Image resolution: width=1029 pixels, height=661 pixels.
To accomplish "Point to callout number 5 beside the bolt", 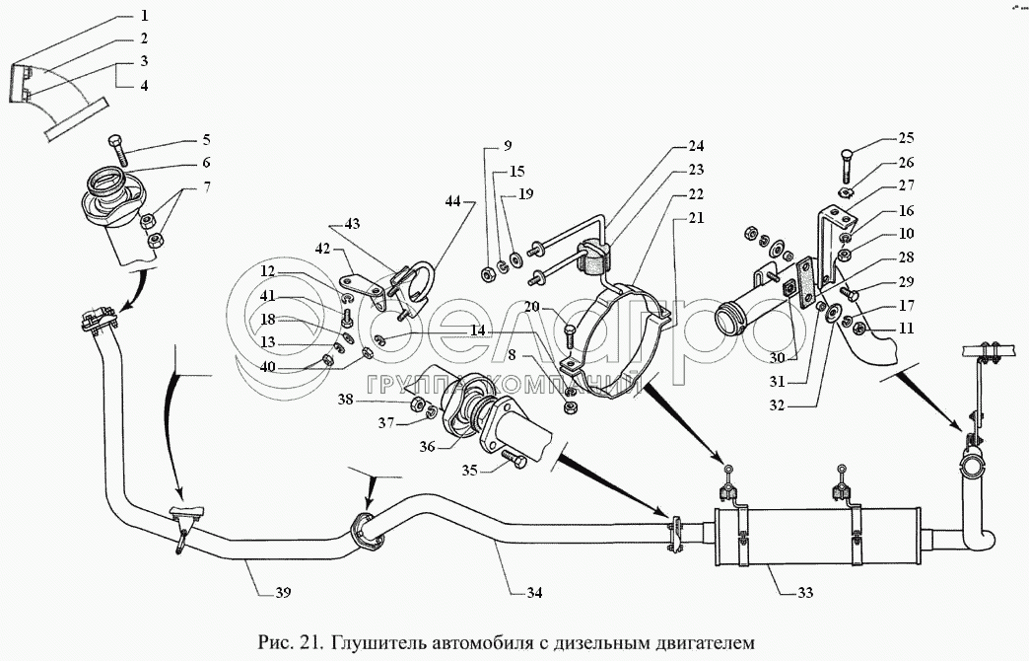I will [207, 139].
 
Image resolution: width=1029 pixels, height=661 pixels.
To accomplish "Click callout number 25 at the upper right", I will [906, 139].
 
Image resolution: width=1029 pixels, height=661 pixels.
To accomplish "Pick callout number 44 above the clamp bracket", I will [452, 203].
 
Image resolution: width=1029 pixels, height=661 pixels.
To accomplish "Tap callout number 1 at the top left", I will [144, 17].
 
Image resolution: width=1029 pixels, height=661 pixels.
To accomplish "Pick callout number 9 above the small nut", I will [508, 147].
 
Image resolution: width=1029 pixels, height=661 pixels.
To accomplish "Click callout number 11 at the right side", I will [906, 327].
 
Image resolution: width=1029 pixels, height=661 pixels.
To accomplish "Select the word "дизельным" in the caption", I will [615, 643].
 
